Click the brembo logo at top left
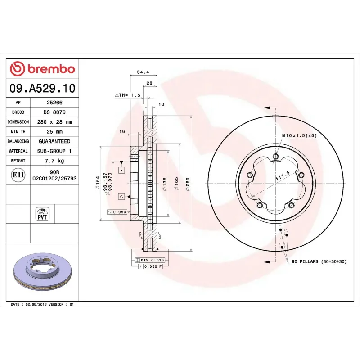coord(42,69)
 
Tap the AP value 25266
coord(54,103)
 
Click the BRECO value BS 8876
coord(54,112)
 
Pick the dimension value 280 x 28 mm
coord(54,122)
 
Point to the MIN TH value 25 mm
coord(54,132)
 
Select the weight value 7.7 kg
coord(54,161)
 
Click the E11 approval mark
coord(18,175)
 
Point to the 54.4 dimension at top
coord(143,72)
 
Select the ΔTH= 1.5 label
coord(128,95)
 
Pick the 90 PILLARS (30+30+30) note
coord(319,261)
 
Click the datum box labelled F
coord(121,170)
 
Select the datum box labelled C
coord(121,197)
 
